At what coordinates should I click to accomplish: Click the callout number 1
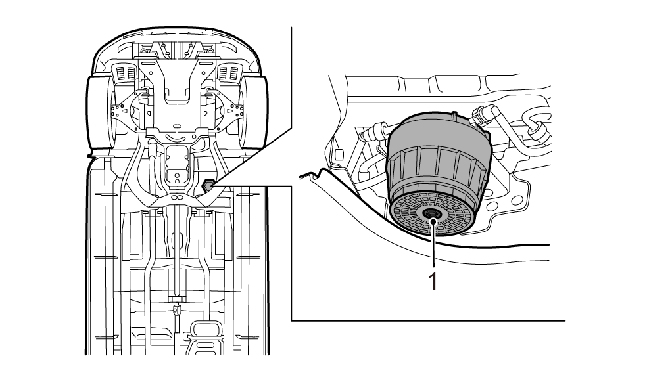(x=433, y=280)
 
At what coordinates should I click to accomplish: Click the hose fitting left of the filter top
(x=377, y=129)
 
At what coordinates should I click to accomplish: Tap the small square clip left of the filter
(x=339, y=155)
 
